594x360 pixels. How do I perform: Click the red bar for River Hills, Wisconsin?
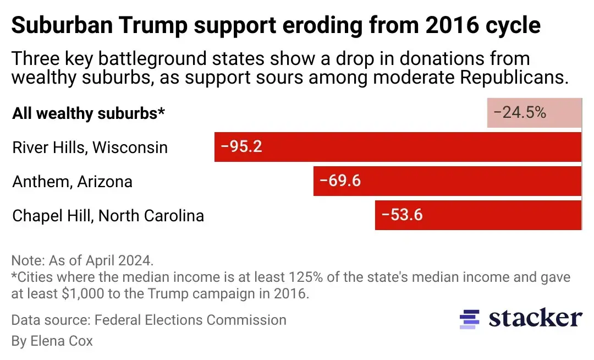[x=398, y=147]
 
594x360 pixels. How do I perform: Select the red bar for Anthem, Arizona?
[x=447, y=181]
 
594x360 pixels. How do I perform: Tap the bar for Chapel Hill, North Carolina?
[x=478, y=215]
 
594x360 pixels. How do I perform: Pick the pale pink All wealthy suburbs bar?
[x=534, y=113]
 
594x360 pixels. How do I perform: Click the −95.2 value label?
[x=241, y=147]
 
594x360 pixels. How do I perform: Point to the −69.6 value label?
[x=340, y=181]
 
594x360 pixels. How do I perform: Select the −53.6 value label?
[x=402, y=215]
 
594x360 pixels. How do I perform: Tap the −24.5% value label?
[x=519, y=113]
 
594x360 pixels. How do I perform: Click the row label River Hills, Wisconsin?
[x=90, y=148]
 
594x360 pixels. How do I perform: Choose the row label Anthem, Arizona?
[x=72, y=182]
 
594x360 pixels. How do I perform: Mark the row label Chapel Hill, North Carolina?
[x=108, y=215]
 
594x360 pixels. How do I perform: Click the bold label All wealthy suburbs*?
[x=89, y=113]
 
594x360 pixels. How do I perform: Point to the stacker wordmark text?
[x=535, y=318]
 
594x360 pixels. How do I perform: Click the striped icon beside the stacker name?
[x=469, y=319]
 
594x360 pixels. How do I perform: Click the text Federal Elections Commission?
[x=190, y=320]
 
